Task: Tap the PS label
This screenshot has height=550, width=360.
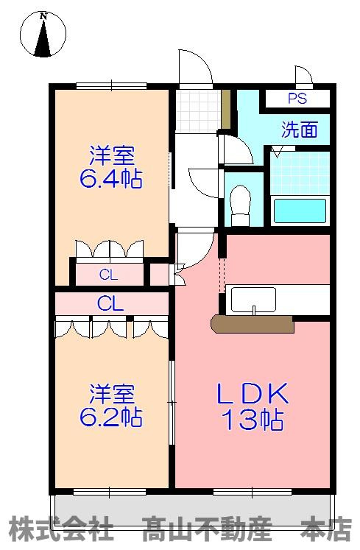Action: click(297, 99)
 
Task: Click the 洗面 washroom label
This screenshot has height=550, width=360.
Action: click(300, 130)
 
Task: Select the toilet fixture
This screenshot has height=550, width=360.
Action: click(240, 206)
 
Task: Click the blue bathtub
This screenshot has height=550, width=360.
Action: click(300, 211)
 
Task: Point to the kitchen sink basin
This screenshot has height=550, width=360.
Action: click(253, 300)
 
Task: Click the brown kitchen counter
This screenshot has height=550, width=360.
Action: click(253, 324)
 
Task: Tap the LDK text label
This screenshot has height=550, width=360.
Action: click(253, 393)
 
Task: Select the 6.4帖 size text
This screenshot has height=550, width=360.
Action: click(111, 178)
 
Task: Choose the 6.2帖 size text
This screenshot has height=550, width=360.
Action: click(111, 417)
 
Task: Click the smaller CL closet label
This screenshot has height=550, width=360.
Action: click(108, 275)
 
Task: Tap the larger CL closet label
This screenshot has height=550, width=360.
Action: click(110, 303)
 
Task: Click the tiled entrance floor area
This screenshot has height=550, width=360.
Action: click(199, 110)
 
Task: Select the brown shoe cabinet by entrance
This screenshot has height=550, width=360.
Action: click(226, 109)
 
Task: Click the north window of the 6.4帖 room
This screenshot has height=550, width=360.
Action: click(112, 85)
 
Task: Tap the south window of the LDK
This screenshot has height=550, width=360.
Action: click(253, 492)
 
